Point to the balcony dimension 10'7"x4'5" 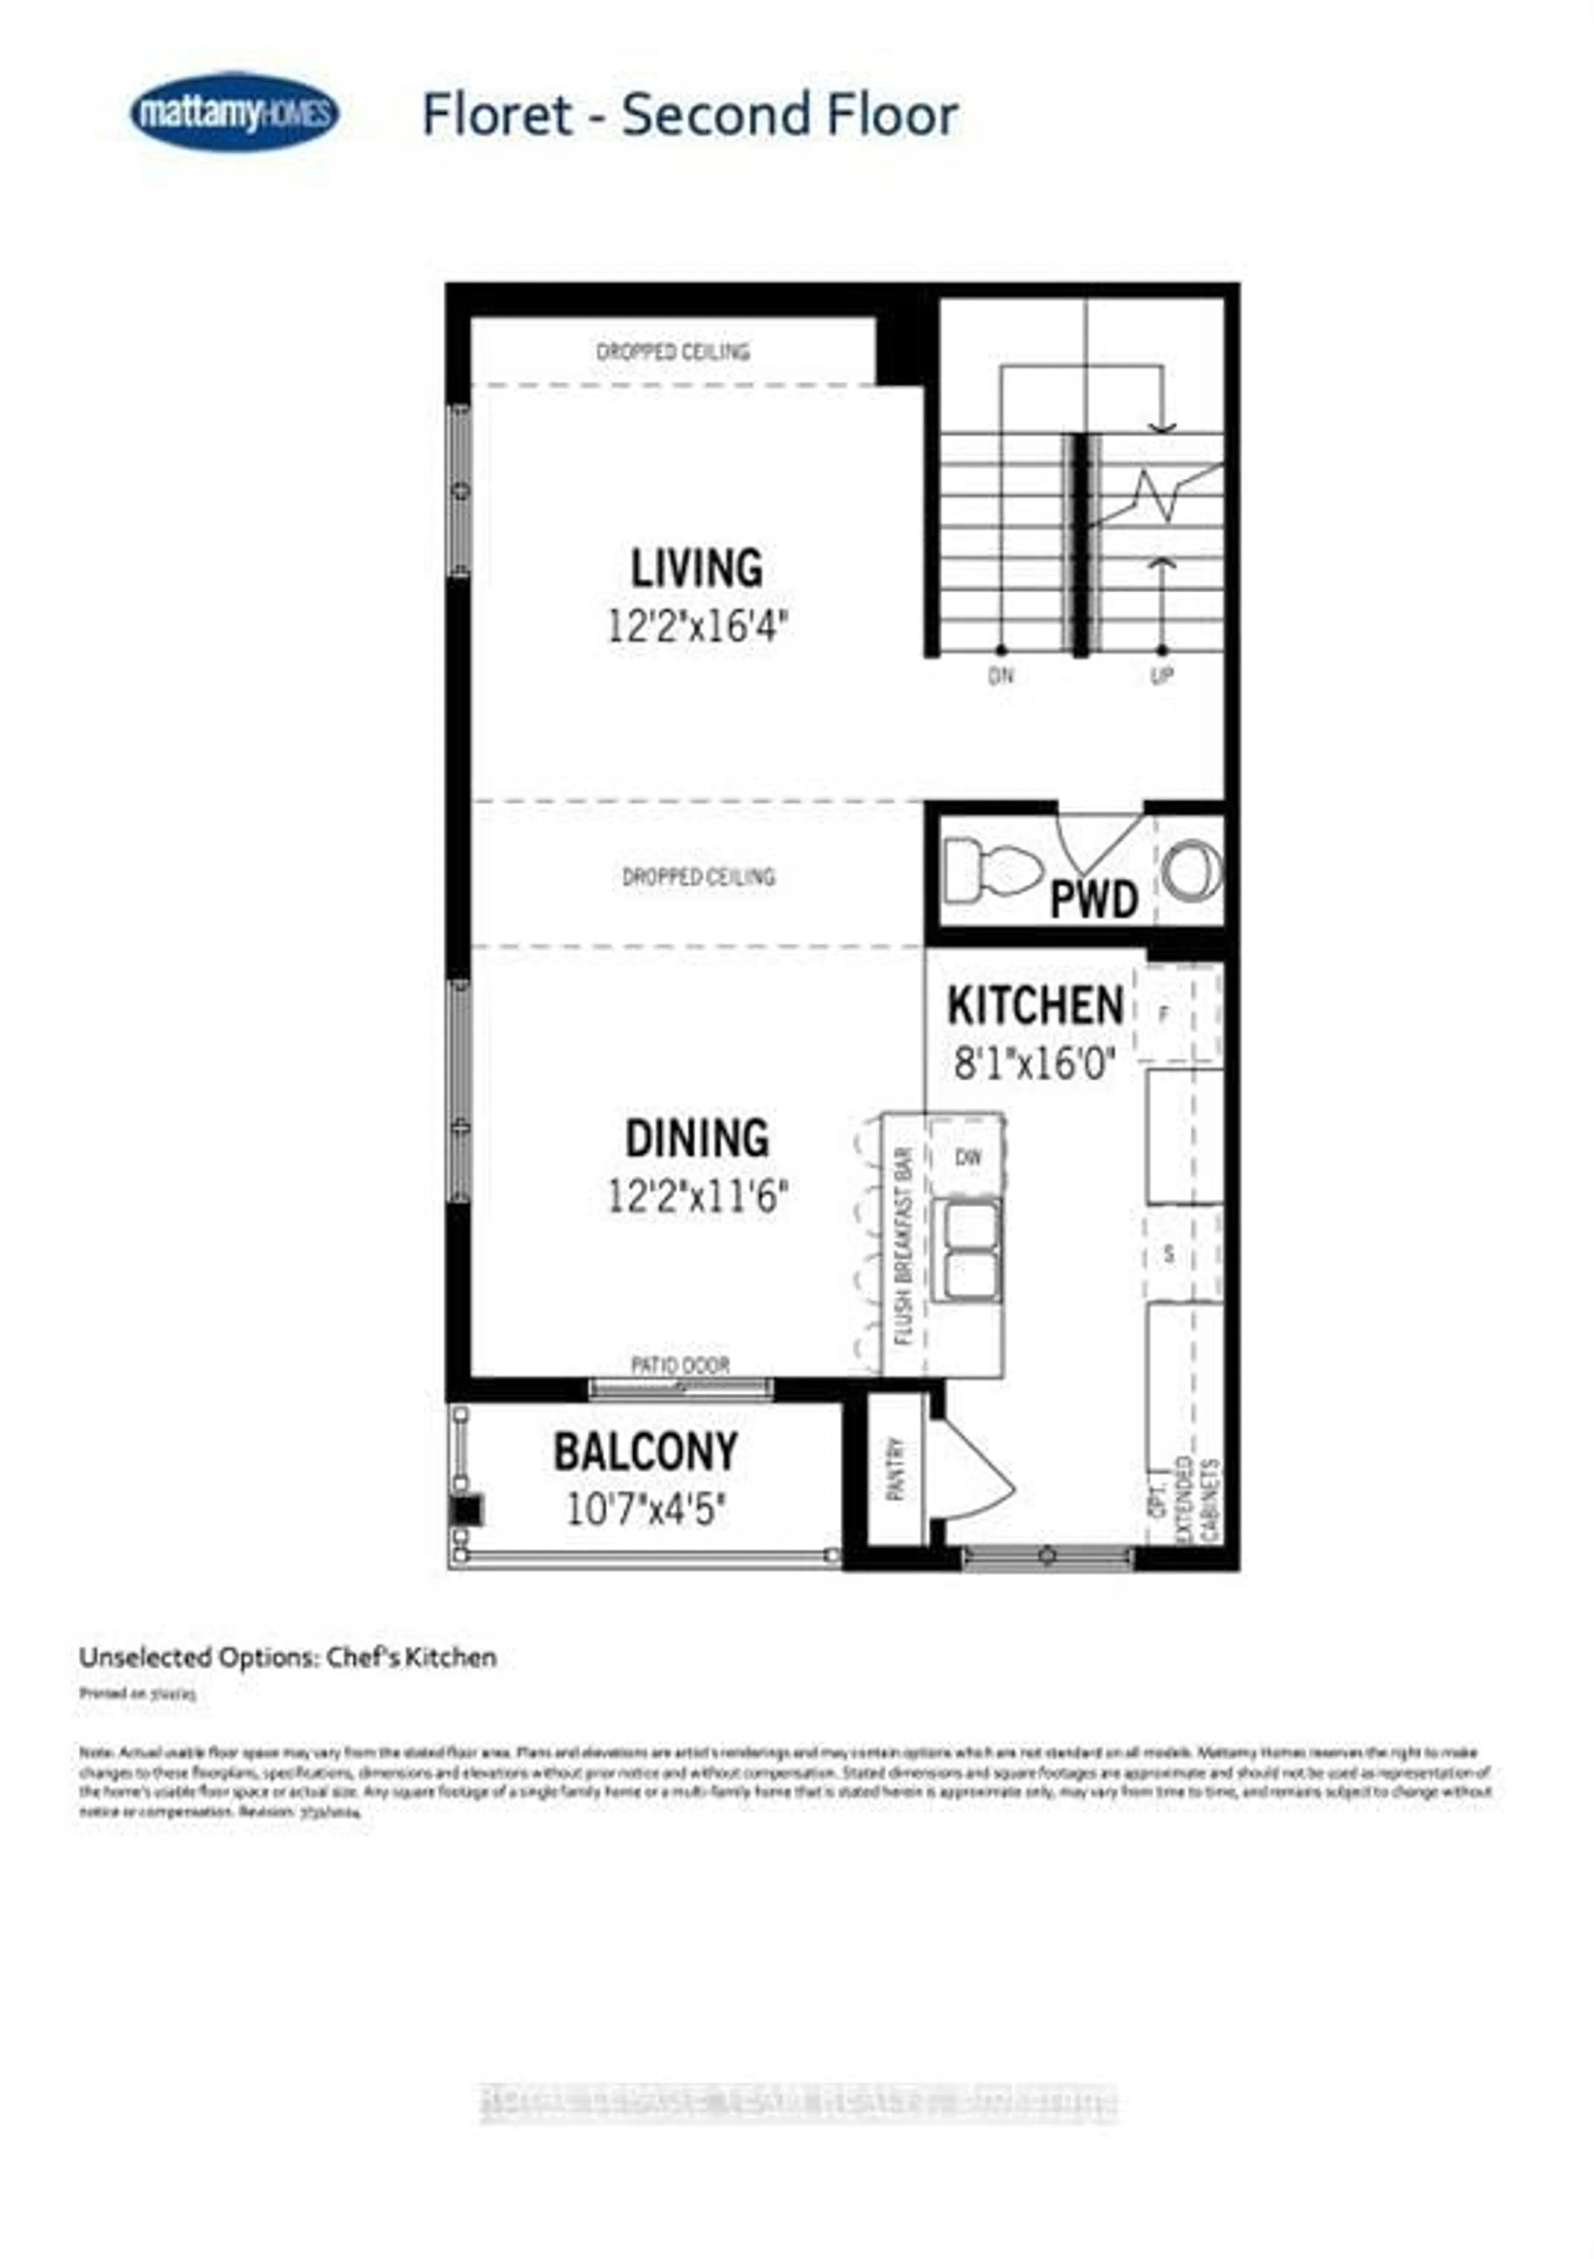click(x=645, y=1508)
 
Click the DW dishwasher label click(x=968, y=1157)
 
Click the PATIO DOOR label click(x=680, y=1366)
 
